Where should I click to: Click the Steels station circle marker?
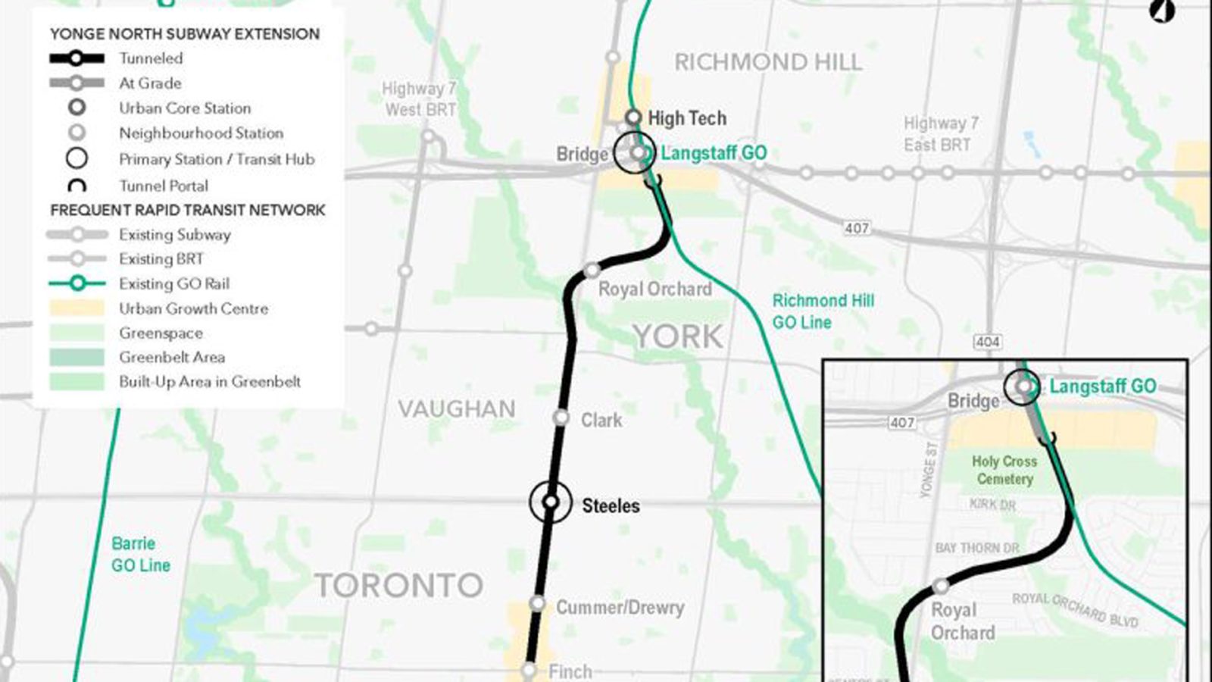coord(551,502)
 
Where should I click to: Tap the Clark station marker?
coord(561,418)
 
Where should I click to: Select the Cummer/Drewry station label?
coord(620,607)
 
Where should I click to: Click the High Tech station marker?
coord(633,117)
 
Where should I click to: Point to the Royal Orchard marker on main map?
coord(592,271)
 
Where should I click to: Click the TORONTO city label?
coord(398,585)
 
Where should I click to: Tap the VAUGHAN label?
coord(457,409)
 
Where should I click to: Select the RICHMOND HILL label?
coord(767,62)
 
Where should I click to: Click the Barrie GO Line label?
coord(140,554)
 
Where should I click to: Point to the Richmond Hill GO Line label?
coord(823,311)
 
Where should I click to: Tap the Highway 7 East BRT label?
coord(940,133)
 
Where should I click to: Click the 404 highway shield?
coord(987,342)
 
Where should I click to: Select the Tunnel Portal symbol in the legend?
coord(77,186)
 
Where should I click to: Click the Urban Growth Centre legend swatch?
coord(77,308)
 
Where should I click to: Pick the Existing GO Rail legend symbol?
coord(77,283)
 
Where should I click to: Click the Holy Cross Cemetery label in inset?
coord(1004,470)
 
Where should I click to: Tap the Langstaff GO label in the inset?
coord(1102,386)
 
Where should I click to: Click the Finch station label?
coord(570,671)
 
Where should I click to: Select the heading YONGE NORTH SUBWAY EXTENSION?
coord(185,34)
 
